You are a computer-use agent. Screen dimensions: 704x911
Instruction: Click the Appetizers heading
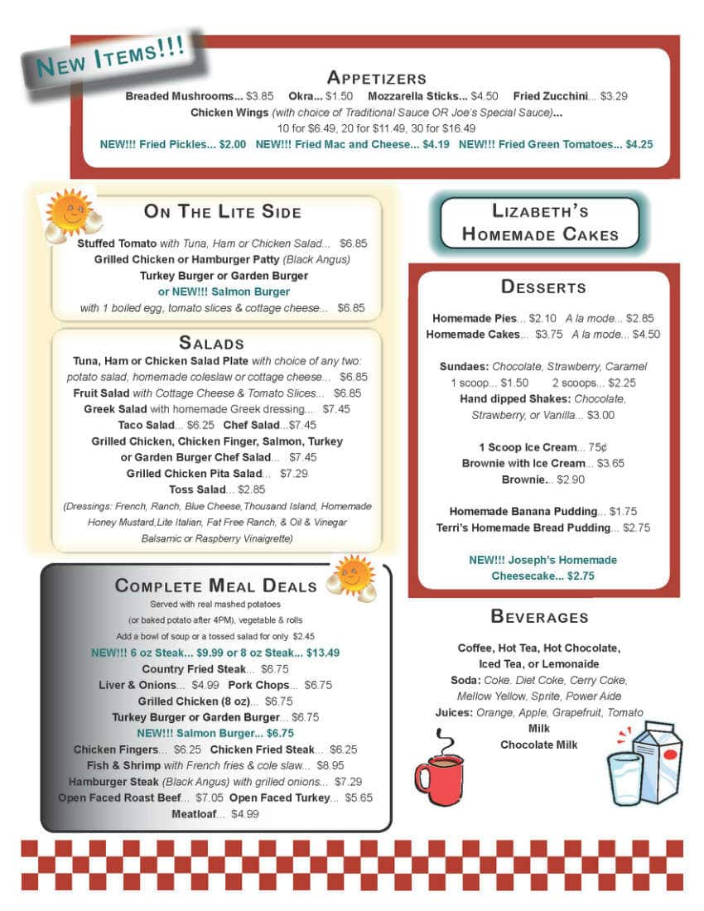tap(377, 78)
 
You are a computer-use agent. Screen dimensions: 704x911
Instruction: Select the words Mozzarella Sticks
tap(417, 96)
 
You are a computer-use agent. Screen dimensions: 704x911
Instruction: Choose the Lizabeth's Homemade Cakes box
tap(540, 222)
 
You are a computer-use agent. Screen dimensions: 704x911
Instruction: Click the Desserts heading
tap(543, 287)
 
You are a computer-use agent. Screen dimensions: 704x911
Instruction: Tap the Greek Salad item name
tap(115, 409)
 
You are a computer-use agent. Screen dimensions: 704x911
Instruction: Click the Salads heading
tap(211, 343)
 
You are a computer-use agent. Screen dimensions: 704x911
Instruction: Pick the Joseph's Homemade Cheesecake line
tap(542, 567)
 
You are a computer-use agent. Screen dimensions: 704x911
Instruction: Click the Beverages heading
tap(539, 616)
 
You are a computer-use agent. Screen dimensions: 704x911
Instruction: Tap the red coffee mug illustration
tap(438, 770)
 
